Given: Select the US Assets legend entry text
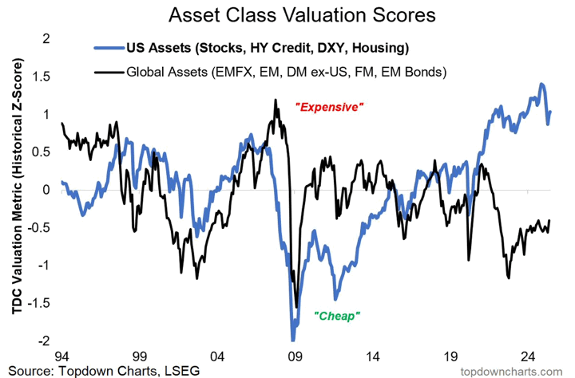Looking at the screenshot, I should tap(264, 49).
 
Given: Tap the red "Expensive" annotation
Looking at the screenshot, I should tap(329, 106).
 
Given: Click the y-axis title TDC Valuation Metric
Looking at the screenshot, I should tap(15, 190).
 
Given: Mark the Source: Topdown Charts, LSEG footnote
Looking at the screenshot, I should tap(100, 370).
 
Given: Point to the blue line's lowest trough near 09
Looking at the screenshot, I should tap(292, 338).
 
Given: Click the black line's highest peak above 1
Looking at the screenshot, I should tap(276, 100).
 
